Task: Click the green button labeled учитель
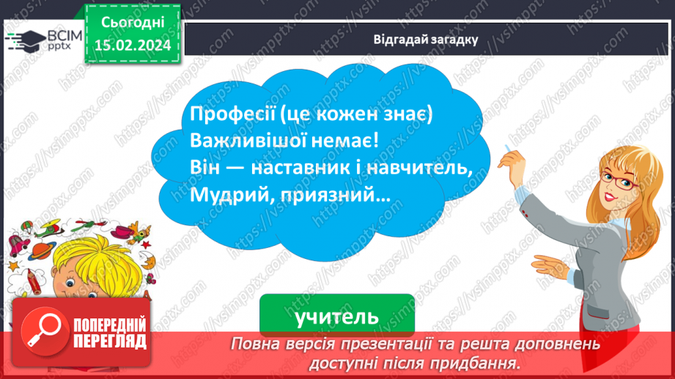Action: pyautogui.click(x=336, y=316)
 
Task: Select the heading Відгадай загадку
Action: pyautogui.click(x=426, y=40)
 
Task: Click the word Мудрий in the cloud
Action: pyautogui.click(x=221, y=195)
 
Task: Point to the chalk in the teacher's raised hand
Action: pyautogui.click(x=505, y=149)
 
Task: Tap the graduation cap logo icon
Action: pyautogui.click(x=23, y=40)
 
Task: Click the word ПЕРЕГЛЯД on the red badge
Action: pyautogui.click(x=110, y=340)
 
